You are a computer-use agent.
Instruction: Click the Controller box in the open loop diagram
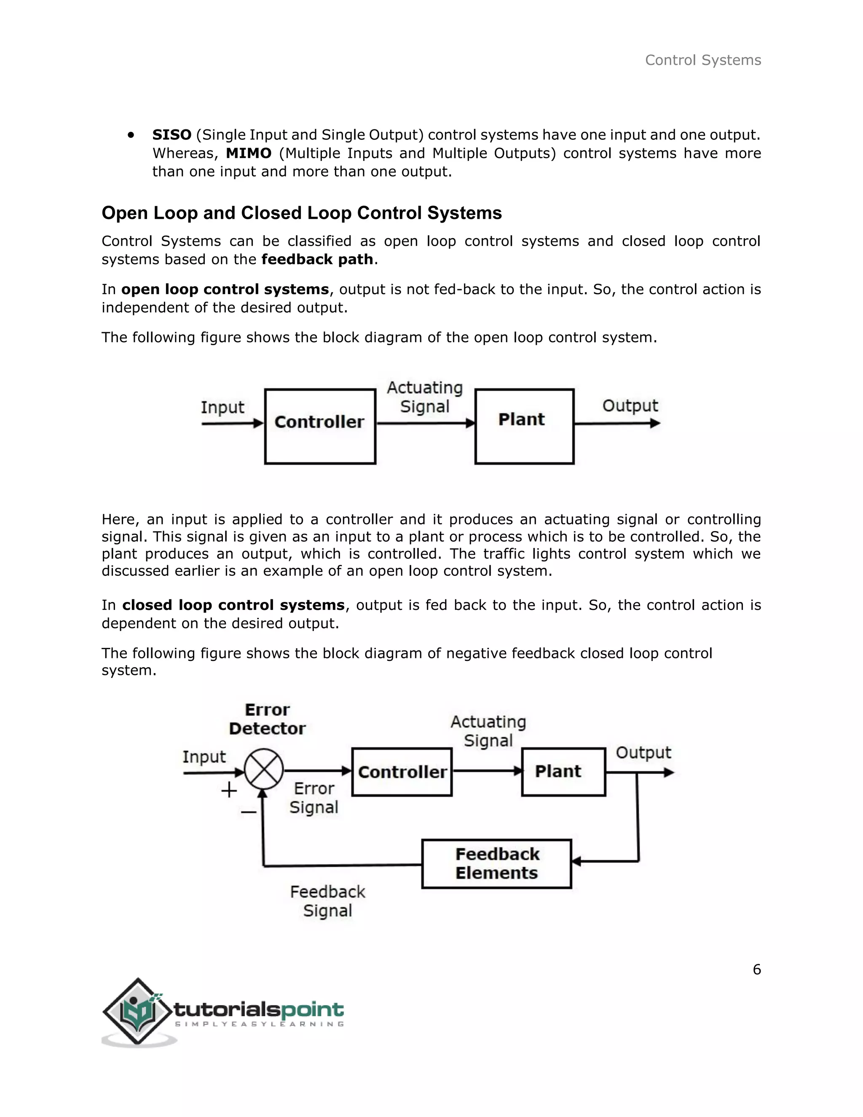[320, 426]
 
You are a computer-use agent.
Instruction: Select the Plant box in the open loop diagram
[524, 426]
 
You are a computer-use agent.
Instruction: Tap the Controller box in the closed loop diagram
[402, 772]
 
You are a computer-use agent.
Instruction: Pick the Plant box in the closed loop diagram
[563, 772]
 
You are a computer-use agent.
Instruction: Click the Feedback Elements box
[496, 864]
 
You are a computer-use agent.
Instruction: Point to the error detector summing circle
[264, 769]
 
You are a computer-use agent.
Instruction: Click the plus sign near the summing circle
[229, 790]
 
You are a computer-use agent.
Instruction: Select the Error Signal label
[314, 798]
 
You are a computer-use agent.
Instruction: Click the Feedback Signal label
[328, 901]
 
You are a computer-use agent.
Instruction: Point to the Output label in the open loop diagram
[630, 405]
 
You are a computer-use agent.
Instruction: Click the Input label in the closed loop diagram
[204, 757]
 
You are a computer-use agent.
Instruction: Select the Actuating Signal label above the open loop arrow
[425, 397]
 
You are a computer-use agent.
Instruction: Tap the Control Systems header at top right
[703, 60]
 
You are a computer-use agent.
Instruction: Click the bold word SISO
[172, 135]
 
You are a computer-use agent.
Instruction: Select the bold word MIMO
[249, 153]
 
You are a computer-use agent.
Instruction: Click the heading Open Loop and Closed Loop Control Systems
[302, 213]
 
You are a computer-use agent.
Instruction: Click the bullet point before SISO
[131, 135]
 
